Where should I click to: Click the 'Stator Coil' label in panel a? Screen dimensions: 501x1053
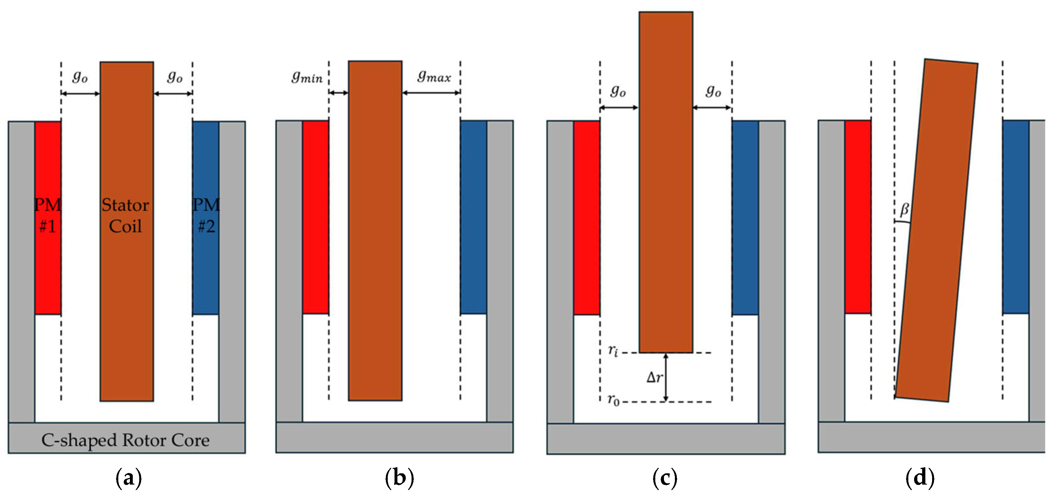click(125, 216)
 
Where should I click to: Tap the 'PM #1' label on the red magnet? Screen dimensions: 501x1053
click(47, 216)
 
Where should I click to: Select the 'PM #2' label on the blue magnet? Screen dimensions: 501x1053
click(206, 216)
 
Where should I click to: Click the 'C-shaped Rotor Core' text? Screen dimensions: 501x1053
click(125, 441)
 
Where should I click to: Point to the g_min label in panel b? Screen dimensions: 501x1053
click(307, 77)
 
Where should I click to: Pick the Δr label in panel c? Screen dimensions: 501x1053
click(654, 377)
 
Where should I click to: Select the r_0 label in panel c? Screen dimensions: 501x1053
click(613, 400)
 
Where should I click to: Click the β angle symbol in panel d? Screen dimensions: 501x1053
click(904, 210)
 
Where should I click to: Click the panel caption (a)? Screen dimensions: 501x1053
click(129, 478)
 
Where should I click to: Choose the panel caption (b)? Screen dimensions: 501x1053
click(399, 478)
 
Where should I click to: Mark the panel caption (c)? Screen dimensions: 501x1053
click(665, 478)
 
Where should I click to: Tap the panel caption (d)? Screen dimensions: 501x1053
click(920, 478)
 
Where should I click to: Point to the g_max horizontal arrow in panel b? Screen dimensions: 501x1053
click(431, 93)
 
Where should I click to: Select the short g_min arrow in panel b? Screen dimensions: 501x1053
click(339, 93)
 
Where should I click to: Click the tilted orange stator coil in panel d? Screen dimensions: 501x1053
click(936, 229)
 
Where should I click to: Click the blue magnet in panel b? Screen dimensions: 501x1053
click(473, 217)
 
